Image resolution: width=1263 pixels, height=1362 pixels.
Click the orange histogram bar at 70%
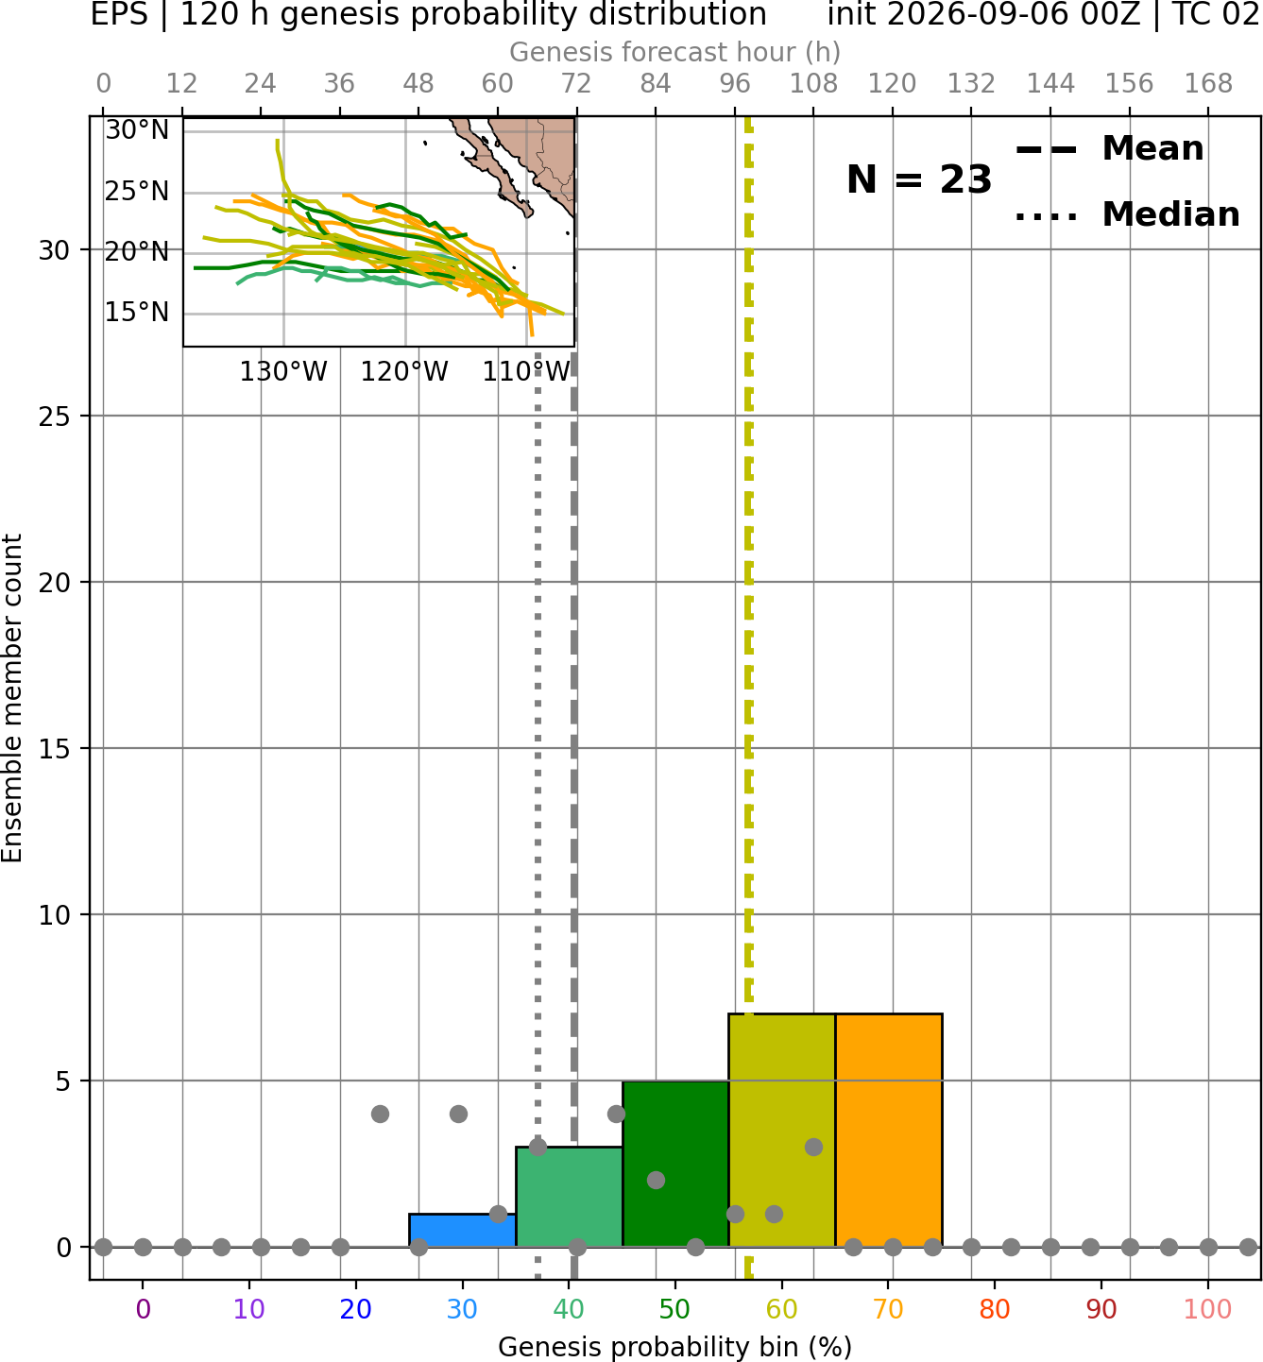point(888,1130)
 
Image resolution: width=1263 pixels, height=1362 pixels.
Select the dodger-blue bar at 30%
point(462,1231)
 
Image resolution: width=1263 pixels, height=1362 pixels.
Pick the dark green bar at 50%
point(675,1163)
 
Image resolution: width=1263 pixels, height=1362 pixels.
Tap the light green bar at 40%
point(570,1197)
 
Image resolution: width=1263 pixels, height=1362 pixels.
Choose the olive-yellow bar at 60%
point(782,1130)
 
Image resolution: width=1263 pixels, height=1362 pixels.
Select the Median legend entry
point(1127,214)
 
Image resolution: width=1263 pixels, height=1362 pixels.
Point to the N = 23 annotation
point(919,179)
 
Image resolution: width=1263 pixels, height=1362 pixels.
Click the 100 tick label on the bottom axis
point(1208,1309)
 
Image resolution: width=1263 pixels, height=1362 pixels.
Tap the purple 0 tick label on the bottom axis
point(143,1309)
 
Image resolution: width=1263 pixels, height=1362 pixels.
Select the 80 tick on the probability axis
point(995,1309)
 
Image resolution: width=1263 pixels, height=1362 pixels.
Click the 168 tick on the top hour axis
point(1208,84)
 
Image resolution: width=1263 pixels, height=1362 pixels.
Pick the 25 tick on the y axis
point(55,417)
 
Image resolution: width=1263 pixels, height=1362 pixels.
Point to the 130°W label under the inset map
point(283,372)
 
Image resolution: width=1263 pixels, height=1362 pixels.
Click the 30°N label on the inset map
point(137,129)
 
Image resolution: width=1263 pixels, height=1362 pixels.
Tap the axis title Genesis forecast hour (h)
point(675,52)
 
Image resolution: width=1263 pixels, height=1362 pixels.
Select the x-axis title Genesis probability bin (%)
point(675,1347)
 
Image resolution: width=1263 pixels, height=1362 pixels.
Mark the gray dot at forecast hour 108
point(813,1147)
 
